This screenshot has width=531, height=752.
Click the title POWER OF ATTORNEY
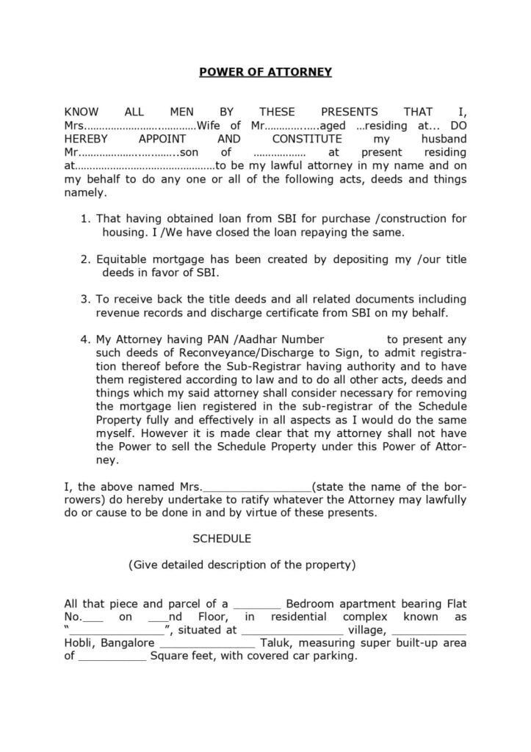[266, 72]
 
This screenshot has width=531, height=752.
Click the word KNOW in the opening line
[82, 112]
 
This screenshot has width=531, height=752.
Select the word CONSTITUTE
[306, 139]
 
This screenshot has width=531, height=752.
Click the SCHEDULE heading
[222, 538]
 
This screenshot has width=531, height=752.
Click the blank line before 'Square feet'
[112, 657]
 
